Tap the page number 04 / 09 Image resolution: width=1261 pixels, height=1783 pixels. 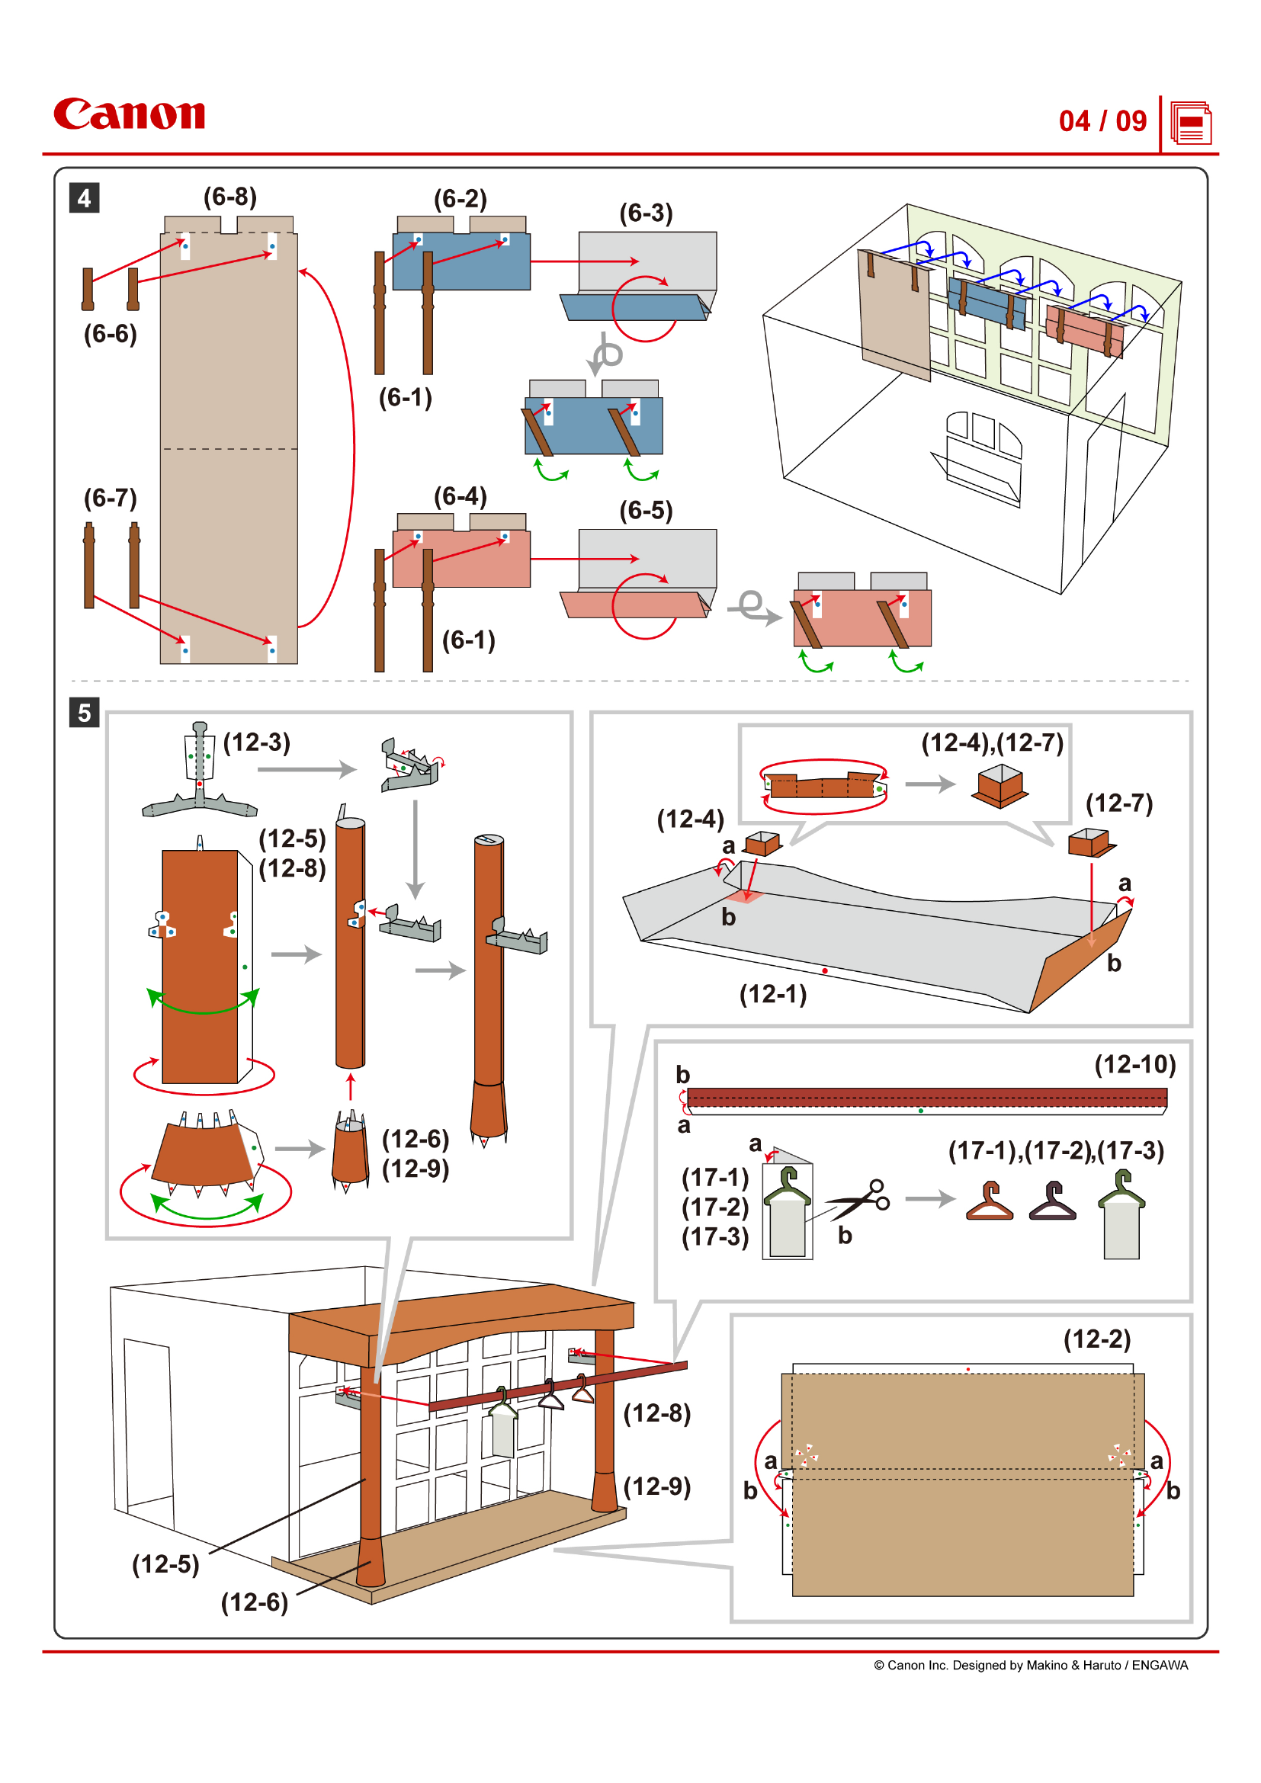pyautogui.click(x=1102, y=121)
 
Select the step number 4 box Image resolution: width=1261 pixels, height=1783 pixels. pyautogui.click(x=84, y=198)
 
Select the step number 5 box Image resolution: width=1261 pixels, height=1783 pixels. pyautogui.click(x=84, y=712)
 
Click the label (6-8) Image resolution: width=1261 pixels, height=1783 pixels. pyautogui.click(x=229, y=197)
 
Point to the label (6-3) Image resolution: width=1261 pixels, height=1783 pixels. pyautogui.click(x=645, y=213)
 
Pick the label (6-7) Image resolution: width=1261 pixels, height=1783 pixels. pyautogui.click(x=111, y=498)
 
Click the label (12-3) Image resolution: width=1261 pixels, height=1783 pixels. pyautogui.click(x=256, y=742)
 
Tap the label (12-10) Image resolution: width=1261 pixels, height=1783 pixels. pyautogui.click(x=1134, y=1064)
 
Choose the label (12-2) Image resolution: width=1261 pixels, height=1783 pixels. pyautogui.click(x=1096, y=1339)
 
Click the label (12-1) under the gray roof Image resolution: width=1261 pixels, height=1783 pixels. pyautogui.click(x=772, y=994)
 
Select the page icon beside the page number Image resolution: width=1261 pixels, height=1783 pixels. pyautogui.click(x=1190, y=123)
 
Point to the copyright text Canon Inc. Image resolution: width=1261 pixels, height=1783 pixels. pyautogui.click(x=1031, y=1665)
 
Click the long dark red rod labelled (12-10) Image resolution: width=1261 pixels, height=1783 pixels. pyautogui.click(x=926, y=1096)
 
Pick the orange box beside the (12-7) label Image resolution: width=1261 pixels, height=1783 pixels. pyautogui.click(x=1089, y=842)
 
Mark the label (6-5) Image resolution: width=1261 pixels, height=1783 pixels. pyautogui.click(x=645, y=510)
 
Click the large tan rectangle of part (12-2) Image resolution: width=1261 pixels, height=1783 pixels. pyautogui.click(x=962, y=1483)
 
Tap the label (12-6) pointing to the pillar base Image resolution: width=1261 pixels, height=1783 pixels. pyautogui.click(x=254, y=1602)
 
